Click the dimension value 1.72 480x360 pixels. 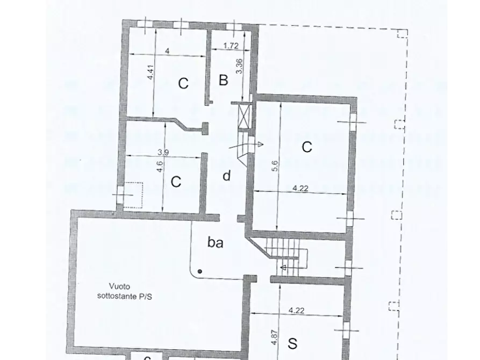231,46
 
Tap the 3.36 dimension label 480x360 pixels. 239,66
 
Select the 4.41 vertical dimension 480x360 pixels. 151,73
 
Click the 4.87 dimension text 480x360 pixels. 274,337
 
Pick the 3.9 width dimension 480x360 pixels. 163,152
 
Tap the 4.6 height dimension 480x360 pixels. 160,166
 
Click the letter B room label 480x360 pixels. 224,80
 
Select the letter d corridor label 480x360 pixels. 226,176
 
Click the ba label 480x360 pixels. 215,242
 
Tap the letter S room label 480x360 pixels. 292,343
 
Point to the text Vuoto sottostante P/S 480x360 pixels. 125,291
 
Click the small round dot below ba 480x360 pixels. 200,271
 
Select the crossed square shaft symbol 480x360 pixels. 244,116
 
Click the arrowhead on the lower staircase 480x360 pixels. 283,268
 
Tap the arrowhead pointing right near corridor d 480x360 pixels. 260,145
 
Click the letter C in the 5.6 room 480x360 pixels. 307,147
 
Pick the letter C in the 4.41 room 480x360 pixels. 183,83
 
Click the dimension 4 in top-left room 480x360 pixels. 167,51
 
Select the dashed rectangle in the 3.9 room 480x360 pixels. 133,195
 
